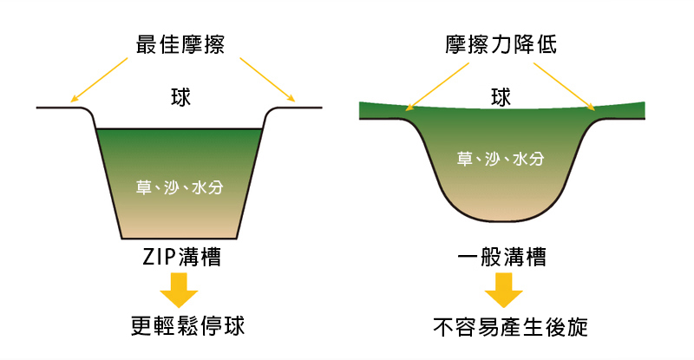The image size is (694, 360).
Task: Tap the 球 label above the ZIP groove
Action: click(180, 97)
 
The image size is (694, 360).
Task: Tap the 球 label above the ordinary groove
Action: click(500, 97)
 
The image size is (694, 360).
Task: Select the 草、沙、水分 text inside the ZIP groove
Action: click(180, 186)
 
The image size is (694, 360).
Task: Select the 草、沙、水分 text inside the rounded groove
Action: click(501, 159)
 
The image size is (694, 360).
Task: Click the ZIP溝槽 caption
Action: click(180, 258)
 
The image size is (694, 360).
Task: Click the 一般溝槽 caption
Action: click(501, 258)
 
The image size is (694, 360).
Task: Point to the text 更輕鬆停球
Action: click(180, 326)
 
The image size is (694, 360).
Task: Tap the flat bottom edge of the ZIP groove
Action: click(179, 237)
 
